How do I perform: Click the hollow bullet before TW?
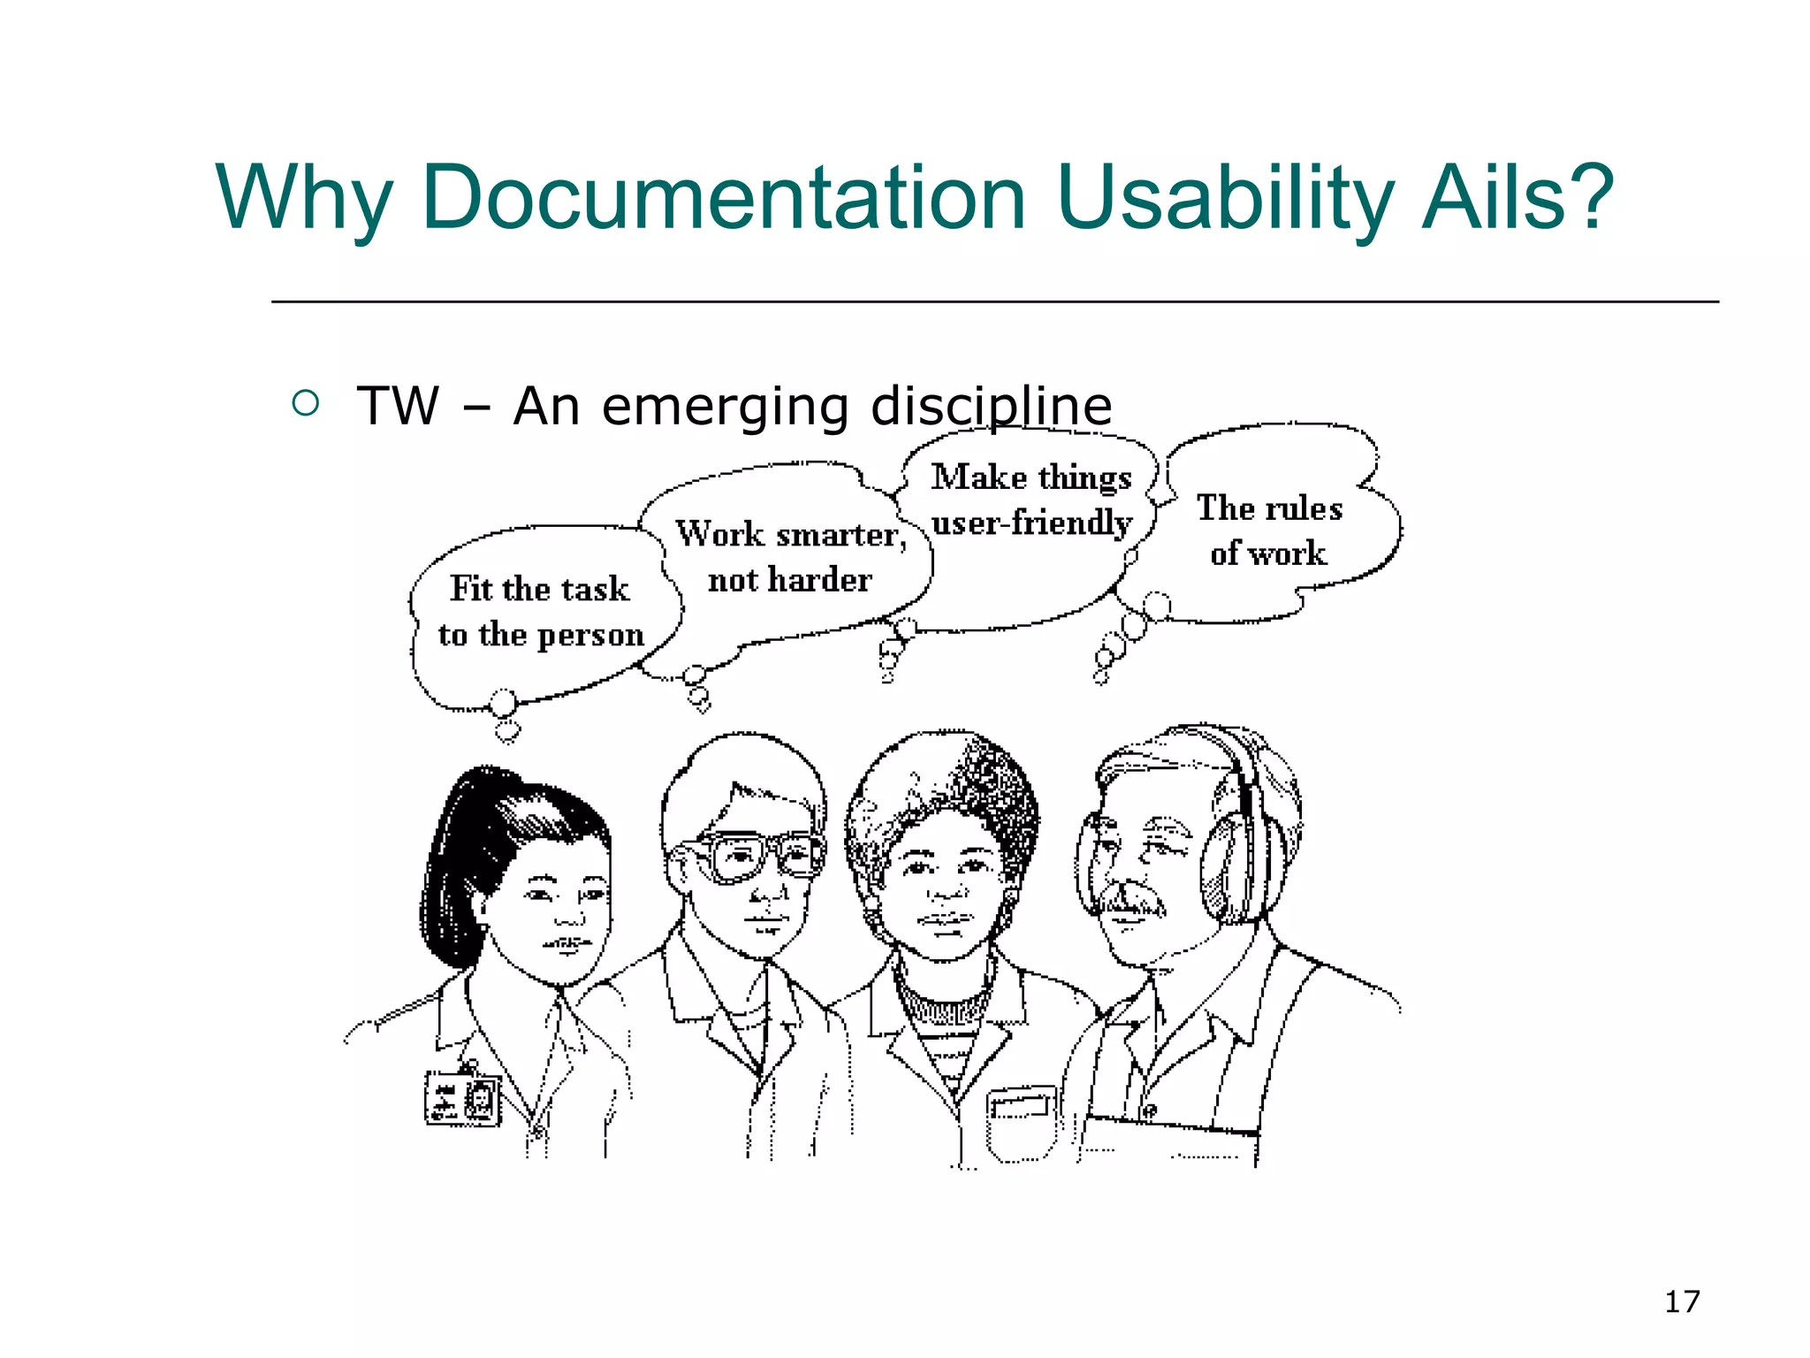[x=305, y=404]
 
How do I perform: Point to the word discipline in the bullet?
[x=991, y=407]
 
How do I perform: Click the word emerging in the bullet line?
[x=725, y=408]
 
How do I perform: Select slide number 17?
[x=1681, y=1301]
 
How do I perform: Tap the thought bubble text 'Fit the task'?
[x=540, y=589]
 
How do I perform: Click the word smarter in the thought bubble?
[x=840, y=535]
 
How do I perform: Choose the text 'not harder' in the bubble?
[x=789, y=580]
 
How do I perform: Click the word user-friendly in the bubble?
[x=1030, y=523]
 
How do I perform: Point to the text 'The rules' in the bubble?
[x=1269, y=508]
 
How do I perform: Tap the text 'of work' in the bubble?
[x=1268, y=553]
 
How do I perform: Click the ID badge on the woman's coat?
[x=462, y=1098]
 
